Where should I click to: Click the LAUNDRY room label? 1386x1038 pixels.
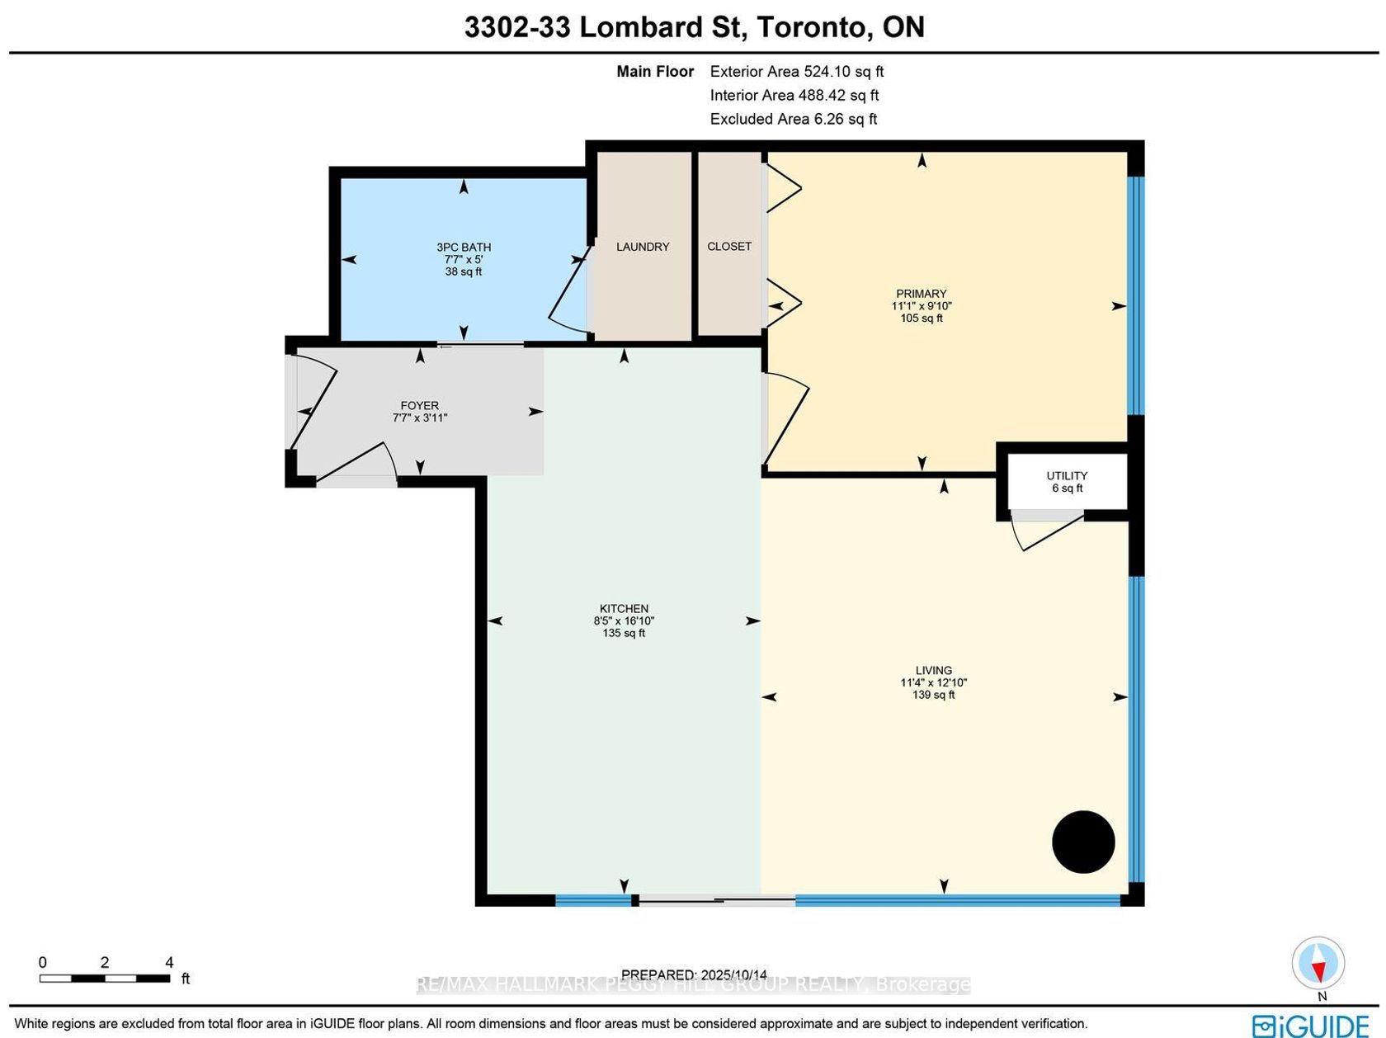click(642, 247)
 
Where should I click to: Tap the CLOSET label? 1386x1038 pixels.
click(728, 247)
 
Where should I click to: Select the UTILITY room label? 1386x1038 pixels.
click(1067, 476)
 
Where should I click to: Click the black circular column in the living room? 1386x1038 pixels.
click(1083, 842)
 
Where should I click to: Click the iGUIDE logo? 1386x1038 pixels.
click(1311, 1025)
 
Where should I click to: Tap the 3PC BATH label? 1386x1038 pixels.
click(464, 248)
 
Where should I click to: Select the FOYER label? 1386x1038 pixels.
click(419, 405)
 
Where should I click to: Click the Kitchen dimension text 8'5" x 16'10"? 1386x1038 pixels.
click(624, 620)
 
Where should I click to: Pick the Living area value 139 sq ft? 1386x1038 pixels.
click(933, 695)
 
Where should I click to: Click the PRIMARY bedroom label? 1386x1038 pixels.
click(922, 294)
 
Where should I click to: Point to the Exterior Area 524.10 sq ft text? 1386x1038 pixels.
click(797, 72)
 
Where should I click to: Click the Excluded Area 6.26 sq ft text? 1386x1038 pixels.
click(794, 120)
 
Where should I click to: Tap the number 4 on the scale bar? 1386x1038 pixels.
click(169, 962)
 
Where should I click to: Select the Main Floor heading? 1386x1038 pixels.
click(655, 72)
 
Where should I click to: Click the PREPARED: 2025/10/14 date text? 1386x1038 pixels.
click(694, 974)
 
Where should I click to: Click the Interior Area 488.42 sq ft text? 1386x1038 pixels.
click(794, 96)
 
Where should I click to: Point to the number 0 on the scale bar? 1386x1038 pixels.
click(42, 962)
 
